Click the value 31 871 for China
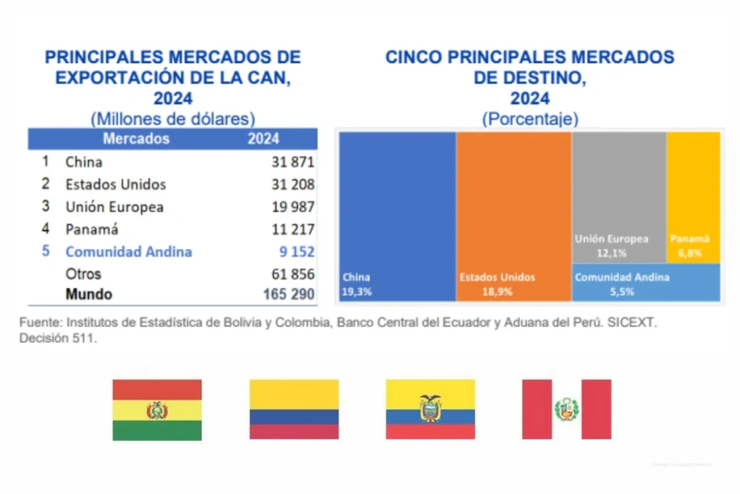tap(293, 162)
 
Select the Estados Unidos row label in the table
tap(115, 184)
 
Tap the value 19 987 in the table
tap(293, 207)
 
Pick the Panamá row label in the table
tap(91, 229)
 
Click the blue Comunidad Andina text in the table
tap(129, 252)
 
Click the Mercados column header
tap(136, 139)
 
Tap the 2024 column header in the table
tap(263, 139)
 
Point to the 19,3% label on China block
tap(356, 291)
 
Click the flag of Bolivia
tap(157, 410)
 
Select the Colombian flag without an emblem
tap(294, 410)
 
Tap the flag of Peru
tap(567, 410)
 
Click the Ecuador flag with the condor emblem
tap(430, 410)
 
